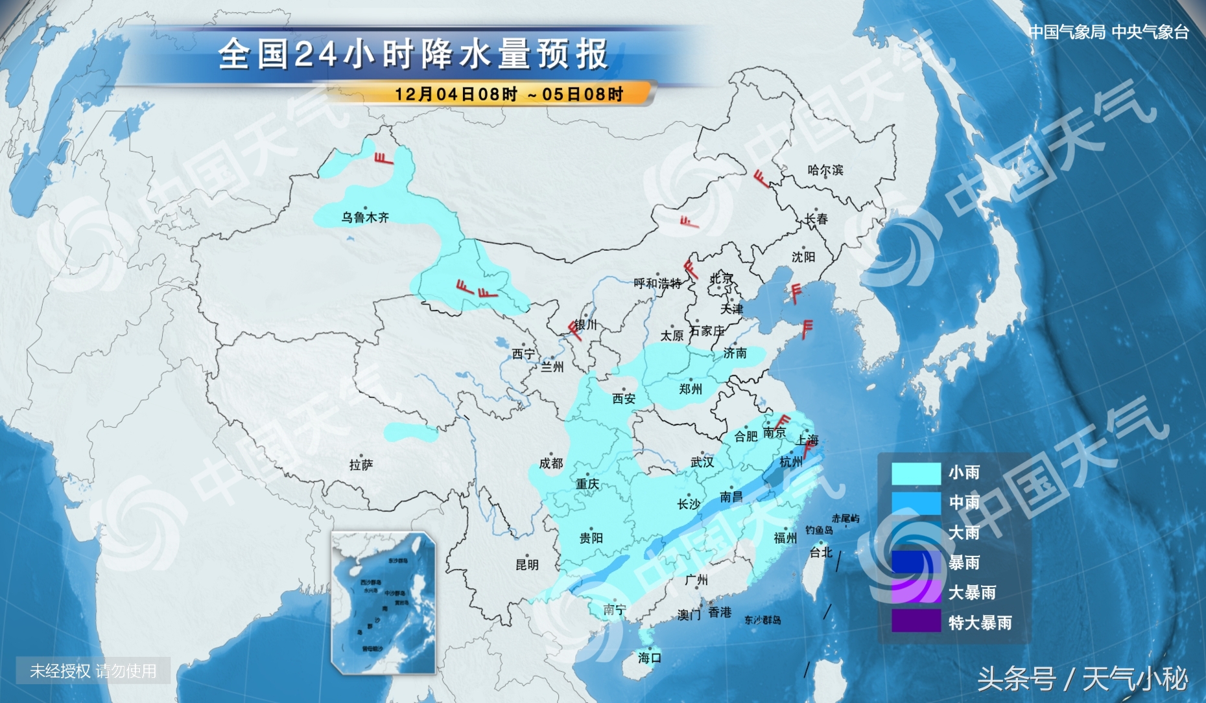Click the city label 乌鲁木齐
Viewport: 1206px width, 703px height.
click(x=365, y=218)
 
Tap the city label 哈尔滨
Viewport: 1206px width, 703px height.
click(x=825, y=170)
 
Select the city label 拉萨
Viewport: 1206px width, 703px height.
click(x=361, y=465)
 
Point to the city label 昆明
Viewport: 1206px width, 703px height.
click(x=526, y=564)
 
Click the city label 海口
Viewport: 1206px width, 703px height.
click(x=649, y=658)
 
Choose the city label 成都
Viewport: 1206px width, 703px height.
click(x=551, y=463)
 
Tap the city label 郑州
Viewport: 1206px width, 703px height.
click(x=691, y=389)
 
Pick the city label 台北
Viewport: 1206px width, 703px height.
click(x=821, y=552)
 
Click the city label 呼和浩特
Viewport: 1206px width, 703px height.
click(x=657, y=284)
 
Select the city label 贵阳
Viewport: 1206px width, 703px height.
click(x=591, y=538)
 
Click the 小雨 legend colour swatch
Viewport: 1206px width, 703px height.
click(x=916, y=473)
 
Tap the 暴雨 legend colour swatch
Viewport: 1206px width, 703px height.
click(x=916, y=562)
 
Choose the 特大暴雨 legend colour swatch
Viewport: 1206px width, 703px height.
click(x=916, y=622)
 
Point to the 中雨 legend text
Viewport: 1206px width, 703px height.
click(x=964, y=502)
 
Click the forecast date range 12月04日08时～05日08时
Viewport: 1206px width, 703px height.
click(x=508, y=95)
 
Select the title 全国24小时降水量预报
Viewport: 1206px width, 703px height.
click(x=413, y=54)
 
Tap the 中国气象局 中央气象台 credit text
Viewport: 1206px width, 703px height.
click(x=1108, y=32)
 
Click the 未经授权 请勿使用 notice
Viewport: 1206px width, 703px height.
click(x=93, y=671)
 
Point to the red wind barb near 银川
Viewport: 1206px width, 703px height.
click(x=574, y=329)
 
